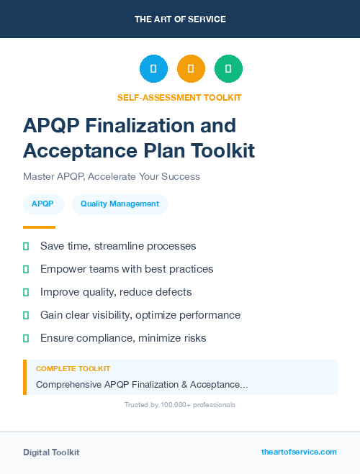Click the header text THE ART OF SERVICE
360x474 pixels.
tap(180, 19)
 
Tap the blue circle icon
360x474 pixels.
tap(153, 69)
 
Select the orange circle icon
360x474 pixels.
tap(191, 69)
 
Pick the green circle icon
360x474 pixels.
tap(228, 69)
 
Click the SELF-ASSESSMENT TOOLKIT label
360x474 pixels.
tap(179, 97)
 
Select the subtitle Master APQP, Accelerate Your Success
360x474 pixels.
tap(111, 176)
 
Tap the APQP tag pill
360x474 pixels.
tap(42, 204)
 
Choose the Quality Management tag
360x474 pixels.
tap(120, 204)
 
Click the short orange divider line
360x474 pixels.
tap(39, 227)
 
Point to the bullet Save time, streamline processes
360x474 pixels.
tap(118, 246)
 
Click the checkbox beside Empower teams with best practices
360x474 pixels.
tap(26, 269)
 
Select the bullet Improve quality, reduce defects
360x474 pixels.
tap(116, 292)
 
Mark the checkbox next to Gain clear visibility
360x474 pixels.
tap(26, 315)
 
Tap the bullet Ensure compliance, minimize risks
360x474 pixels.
tap(123, 338)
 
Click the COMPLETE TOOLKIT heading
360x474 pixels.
tap(73, 368)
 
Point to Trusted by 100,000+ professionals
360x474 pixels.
tap(180, 405)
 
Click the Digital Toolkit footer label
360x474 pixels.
tap(51, 452)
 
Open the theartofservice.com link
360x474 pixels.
tap(299, 452)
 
